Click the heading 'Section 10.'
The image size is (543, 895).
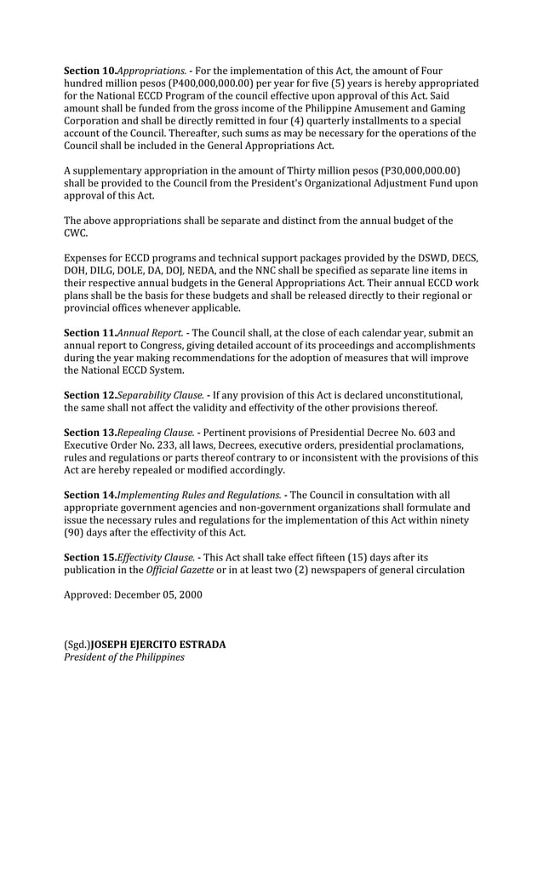89,70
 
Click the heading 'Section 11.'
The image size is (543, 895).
89,333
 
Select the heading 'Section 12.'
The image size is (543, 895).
89,395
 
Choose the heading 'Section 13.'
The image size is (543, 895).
89,433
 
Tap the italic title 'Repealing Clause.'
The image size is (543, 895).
155,433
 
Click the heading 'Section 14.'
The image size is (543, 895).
89,495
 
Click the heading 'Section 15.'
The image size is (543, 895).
89,557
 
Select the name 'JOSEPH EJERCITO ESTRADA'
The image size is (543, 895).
158,645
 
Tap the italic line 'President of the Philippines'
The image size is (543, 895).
124,657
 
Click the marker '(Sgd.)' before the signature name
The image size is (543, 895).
77,645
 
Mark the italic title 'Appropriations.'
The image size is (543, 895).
151,70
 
